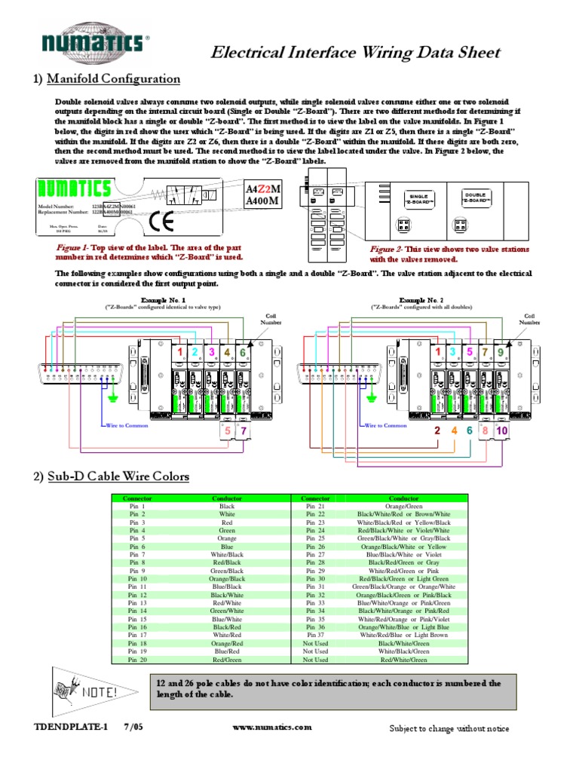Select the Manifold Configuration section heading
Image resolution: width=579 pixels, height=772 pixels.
pos(114,78)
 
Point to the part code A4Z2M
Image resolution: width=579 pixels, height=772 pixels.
pos(263,188)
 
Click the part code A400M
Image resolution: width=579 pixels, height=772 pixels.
pos(263,201)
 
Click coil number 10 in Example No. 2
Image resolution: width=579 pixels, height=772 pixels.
pos(503,430)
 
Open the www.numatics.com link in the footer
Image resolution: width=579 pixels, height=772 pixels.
pos(271,728)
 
